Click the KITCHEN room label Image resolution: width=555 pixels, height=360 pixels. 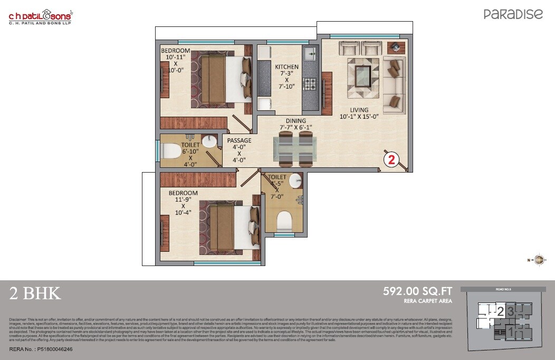tap(286, 67)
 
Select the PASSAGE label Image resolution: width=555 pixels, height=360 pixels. tap(239, 140)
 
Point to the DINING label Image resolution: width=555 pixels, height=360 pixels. tap(295, 120)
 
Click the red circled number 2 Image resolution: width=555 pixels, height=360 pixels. tap(392, 160)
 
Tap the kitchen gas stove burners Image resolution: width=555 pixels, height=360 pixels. tap(310, 84)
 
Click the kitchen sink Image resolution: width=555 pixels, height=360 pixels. tap(310, 53)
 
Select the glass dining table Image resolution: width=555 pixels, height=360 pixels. tap(295, 149)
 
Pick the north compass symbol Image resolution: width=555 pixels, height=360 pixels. tap(539, 259)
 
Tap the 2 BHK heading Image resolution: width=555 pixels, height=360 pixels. tap(35, 293)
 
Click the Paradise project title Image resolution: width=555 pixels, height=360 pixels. tap(513, 14)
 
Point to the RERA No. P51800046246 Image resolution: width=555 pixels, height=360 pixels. tap(41, 349)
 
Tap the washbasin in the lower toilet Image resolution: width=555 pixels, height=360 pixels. tap(295, 181)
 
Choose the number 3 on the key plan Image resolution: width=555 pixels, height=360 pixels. tap(510, 311)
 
